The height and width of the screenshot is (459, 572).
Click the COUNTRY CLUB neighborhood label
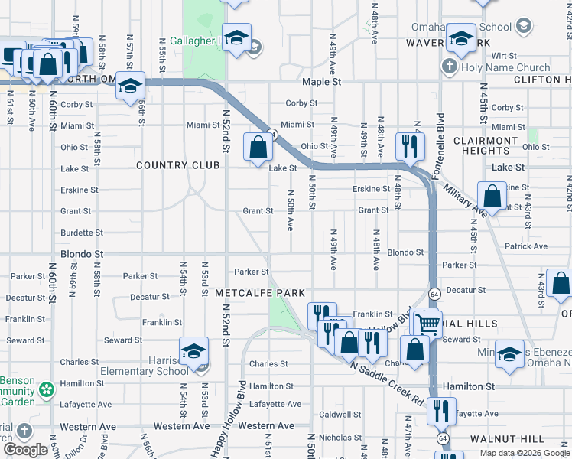pyautogui.click(x=173, y=165)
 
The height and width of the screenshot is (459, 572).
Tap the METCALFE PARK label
pyautogui.click(x=260, y=293)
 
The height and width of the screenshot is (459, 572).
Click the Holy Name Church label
pyautogui.click(x=505, y=67)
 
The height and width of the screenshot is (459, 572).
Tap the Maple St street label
pyautogui.click(x=320, y=81)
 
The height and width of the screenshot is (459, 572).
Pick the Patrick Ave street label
pyautogui.click(x=525, y=246)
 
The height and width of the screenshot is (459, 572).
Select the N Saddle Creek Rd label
pyautogui.click(x=387, y=384)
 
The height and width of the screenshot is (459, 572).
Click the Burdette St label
pyautogui.click(x=82, y=233)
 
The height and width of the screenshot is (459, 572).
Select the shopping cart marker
pyautogui.click(x=427, y=324)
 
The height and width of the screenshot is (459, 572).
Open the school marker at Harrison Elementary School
pyautogui.click(x=194, y=352)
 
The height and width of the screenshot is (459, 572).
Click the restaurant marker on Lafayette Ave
pyautogui.click(x=441, y=412)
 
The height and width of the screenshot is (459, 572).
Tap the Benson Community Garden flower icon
pyautogui.click(x=47, y=389)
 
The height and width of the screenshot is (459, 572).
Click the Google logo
pyautogui.click(x=26, y=450)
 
